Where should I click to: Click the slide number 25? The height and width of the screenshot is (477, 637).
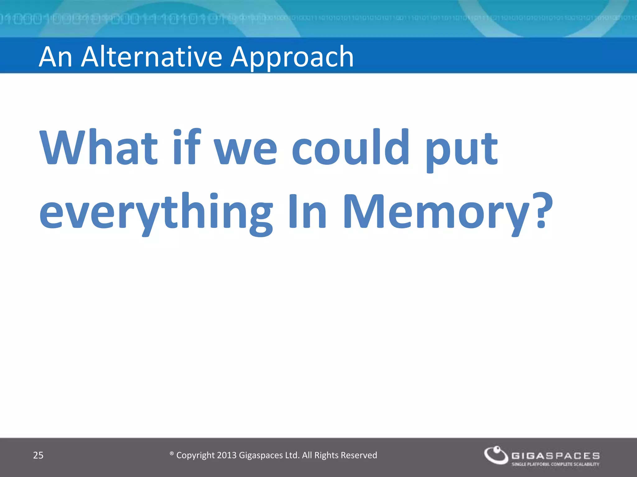click(38, 455)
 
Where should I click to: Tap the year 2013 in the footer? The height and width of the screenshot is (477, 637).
click(227, 455)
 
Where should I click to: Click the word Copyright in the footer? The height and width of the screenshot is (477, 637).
click(195, 456)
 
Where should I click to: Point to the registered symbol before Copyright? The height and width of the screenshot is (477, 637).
click(171, 454)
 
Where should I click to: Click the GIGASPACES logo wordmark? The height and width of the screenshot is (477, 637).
click(556, 456)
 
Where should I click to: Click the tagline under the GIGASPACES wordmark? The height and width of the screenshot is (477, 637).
click(556, 464)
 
